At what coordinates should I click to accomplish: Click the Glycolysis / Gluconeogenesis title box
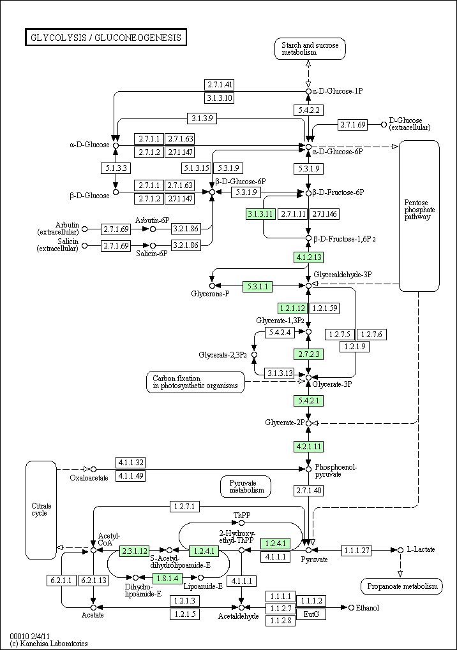[106, 38]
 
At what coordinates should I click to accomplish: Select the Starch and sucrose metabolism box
[310, 49]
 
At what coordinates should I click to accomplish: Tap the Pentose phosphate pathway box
[419, 215]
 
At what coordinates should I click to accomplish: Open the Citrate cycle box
[41, 510]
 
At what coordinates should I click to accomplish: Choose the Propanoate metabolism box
[402, 586]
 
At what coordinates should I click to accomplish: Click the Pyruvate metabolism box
[246, 487]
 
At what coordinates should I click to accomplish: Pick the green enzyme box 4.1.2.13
[308, 257]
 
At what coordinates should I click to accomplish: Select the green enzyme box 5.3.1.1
[258, 286]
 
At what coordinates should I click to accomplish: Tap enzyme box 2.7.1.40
[308, 491]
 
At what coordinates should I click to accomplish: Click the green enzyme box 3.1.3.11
[260, 214]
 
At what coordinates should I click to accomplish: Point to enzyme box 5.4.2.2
[308, 110]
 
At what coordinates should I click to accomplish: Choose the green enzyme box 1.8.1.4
[168, 578]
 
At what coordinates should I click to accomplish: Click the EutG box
[311, 614]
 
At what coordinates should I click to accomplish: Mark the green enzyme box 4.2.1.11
[308, 447]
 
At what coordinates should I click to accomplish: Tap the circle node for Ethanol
[351, 608]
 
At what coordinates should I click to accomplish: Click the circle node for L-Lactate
[400, 550]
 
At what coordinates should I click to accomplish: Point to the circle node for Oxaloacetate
[93, 469]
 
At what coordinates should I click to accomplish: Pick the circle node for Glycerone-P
[212, 285]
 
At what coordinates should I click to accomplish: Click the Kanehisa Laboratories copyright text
[49, 644]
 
